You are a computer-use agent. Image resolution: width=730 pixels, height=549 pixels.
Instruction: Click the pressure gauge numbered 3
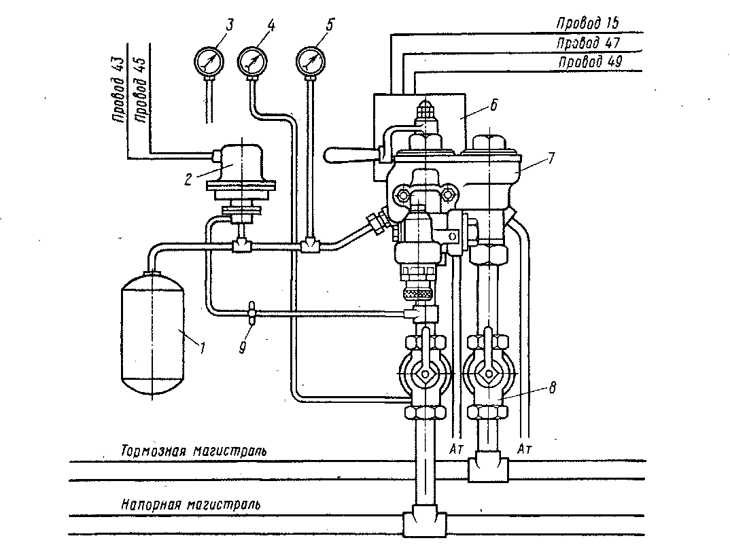click(x=209, y=60)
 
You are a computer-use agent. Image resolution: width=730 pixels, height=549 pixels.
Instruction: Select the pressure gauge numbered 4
click(x=253, y=61)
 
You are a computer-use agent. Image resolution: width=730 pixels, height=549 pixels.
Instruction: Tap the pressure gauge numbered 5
click(x=311, y=61)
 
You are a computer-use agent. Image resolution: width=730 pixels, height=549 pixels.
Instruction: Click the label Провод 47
click(x=588, y=43)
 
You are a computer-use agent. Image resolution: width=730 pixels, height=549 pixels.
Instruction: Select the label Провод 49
click(x=590, y=62)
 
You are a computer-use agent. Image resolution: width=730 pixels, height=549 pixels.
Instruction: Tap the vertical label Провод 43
click(x=118, y=90)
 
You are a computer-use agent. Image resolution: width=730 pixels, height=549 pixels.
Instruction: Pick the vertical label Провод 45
click(x=139, y=90)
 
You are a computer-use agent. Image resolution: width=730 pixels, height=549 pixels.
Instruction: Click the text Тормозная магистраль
click(x=194, y=451)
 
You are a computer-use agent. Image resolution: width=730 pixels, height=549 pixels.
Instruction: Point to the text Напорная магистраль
click(x=191, y=504)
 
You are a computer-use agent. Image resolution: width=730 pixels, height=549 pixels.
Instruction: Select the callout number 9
click(x=243, y=347)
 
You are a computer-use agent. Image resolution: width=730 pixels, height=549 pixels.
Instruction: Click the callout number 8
click(x=552, y=387)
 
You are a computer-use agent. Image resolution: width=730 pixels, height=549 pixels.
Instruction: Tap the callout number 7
click(x=551, y=158)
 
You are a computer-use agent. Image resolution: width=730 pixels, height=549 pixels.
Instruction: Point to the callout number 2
click(x=188, y=179)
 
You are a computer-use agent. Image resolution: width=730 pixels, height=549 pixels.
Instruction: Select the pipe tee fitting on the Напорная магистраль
click(x=424, y=524)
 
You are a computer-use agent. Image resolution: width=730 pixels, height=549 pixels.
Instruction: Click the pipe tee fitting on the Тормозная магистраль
click(x=489, y=470)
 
